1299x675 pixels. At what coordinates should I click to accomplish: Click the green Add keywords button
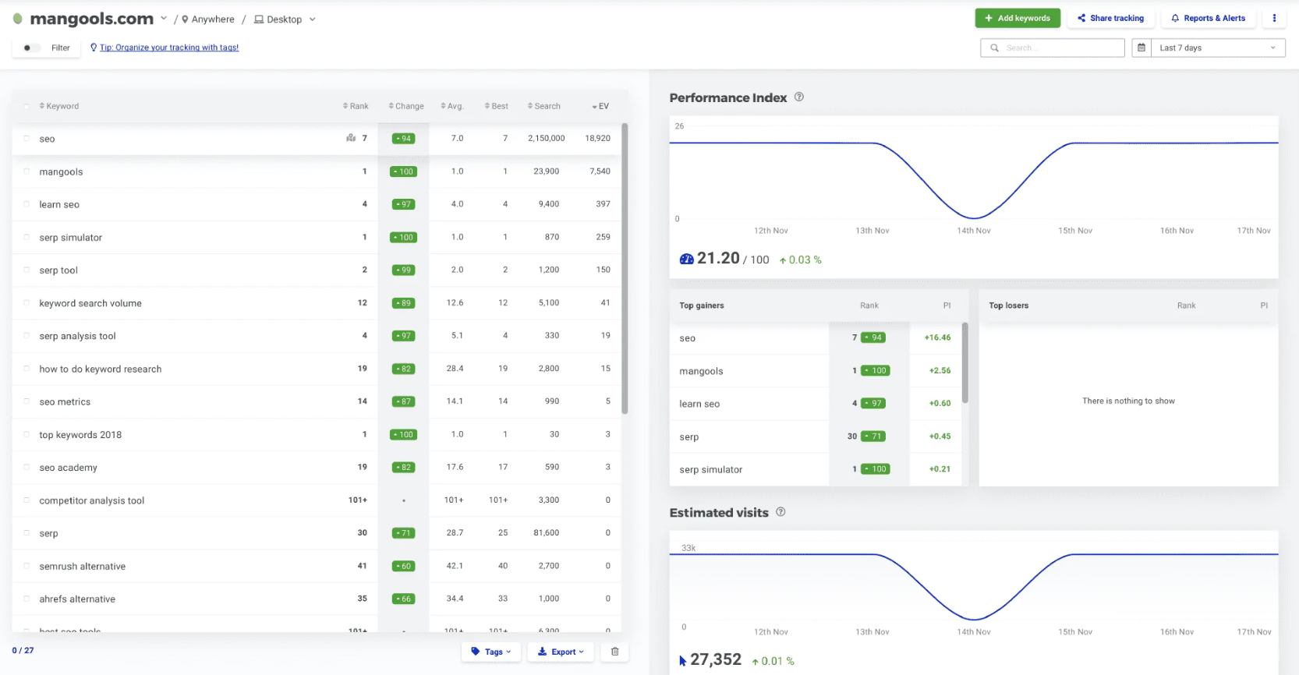[x=1017, y=18]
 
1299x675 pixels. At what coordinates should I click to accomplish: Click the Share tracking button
[x=1110, y=18]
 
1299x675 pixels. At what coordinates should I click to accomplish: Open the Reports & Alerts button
[x=1208, y=18]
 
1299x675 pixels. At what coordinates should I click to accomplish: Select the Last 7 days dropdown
[x=1217, y=48]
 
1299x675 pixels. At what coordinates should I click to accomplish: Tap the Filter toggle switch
[x=30, y=48]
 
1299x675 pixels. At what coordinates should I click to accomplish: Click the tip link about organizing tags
[x=168, y=48]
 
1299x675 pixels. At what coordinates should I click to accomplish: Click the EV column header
[x=600, y=106]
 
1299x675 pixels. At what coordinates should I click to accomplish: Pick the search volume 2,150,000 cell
[x=546, y=138]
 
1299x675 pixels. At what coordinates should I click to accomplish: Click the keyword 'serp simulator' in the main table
[x=71, y=238]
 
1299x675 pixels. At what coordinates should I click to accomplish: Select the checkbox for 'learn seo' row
[x=27, y=204]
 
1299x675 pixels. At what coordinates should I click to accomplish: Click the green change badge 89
[x=403, y=303]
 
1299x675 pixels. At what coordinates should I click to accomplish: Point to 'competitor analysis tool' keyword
[x=92, y=500]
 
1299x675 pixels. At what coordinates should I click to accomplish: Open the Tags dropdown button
[x=491, y=652]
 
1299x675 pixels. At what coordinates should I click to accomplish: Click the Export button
[x=560, y=652]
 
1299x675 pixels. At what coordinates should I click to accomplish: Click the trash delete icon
[x=614, y=652]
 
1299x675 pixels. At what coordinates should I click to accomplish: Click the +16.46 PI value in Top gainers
[x=937, y=337]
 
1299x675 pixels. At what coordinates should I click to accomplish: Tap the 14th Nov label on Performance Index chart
[x=974, y=231]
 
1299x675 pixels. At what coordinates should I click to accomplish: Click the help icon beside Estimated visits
[x=780, y=512]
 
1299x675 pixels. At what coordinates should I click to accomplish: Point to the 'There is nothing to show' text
[x=1127, y=401]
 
